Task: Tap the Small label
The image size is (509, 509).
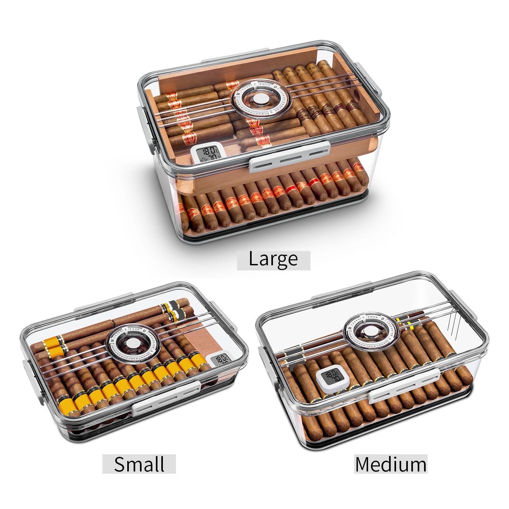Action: click(x=139, y=464)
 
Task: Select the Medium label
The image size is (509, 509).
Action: click(x=391, y=464)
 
